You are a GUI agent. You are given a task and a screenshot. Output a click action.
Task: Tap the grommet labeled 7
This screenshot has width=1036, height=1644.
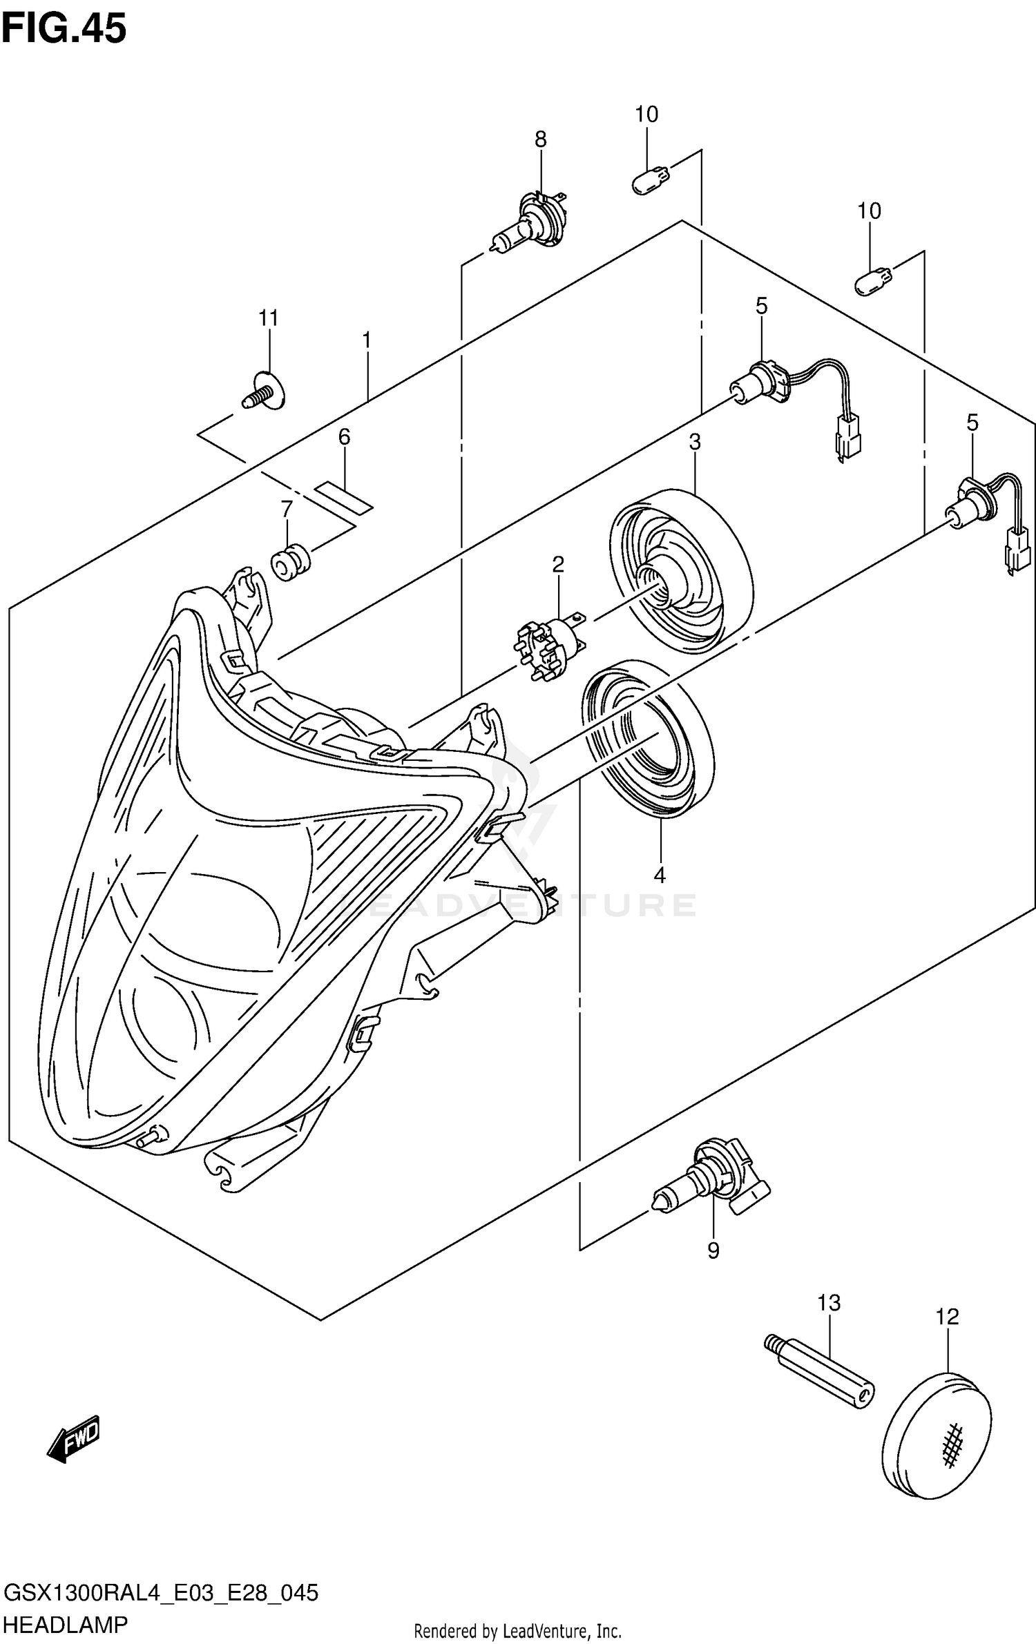[291, 562]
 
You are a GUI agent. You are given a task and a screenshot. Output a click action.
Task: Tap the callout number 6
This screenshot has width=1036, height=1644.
[344, 436]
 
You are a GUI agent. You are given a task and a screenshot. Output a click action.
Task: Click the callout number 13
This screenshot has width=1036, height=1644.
[829, 1303]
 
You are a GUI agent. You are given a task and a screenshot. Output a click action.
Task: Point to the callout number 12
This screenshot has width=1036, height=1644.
[948, 1317]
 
